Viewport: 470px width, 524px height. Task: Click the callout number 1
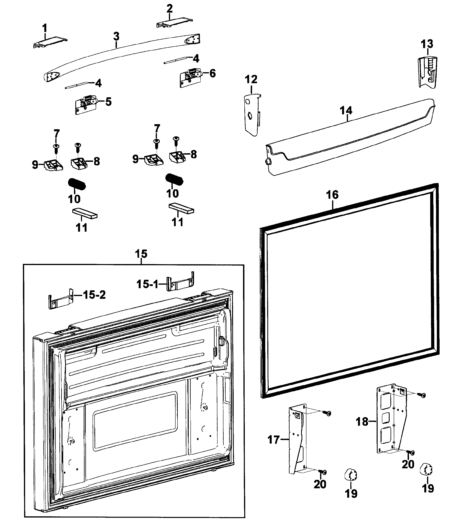[45, 28]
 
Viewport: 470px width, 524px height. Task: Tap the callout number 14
[346, 110]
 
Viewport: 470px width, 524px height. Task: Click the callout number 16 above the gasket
[332, 195]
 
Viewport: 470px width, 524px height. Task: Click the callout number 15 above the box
[141, 254]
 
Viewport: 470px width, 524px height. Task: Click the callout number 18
[362, 422]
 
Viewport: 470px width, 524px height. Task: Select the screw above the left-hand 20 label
[323, 472]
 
